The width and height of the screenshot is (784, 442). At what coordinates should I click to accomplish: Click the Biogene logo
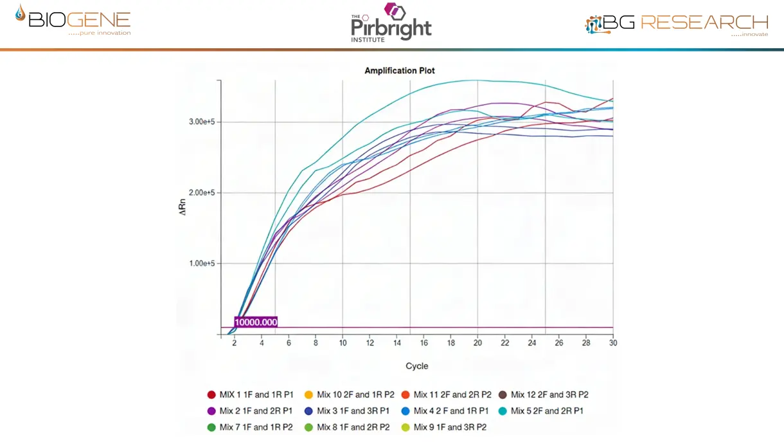point(73,21)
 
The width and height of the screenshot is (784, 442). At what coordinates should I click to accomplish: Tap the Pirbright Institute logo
point(391,23)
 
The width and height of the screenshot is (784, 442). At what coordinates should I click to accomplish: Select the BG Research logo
point(677,24)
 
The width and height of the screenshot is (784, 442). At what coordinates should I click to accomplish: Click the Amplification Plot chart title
point(400,70)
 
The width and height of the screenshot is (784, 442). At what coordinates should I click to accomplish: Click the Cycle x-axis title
point(416,366)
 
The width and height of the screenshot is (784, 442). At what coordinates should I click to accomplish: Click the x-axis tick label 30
point(612,344)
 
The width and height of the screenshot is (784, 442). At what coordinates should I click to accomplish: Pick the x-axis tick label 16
point(423,344)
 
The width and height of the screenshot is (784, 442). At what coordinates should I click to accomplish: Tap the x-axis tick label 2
point(235,344)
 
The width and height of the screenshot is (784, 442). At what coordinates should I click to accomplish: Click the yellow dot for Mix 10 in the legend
point(308,394)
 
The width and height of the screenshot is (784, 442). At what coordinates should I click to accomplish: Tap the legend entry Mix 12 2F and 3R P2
point(544,394)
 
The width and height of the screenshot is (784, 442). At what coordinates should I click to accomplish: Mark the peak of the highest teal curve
point(476,80)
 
